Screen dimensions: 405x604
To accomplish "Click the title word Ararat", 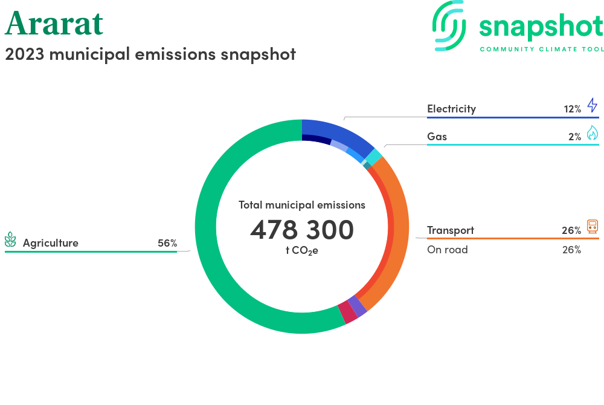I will click(x=54, y=24).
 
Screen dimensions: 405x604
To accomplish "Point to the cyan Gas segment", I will click(x=374, y=157).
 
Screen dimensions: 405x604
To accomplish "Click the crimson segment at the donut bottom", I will click(x=347, y=313).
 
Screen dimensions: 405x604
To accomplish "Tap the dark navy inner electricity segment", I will click(x=315, y=140).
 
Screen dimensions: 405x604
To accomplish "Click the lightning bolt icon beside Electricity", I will click(x=592, y=105).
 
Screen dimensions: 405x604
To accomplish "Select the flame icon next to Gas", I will click(x=592, y=133).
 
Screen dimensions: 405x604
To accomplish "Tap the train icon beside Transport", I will click(x=593, y=227).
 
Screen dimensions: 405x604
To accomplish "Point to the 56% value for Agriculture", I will click(x=167, y=243).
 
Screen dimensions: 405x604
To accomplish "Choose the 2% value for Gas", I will click(x=574, y=137).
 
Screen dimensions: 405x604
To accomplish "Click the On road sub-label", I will click(x=447, y=250).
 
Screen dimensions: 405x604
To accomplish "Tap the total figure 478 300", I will click(x=302, y=230).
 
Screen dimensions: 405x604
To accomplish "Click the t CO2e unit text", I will click(x=302, y=250).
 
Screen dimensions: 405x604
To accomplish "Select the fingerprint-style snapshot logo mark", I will click(x=450, y=25).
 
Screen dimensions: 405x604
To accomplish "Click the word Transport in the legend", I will click(x=451, y=230).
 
